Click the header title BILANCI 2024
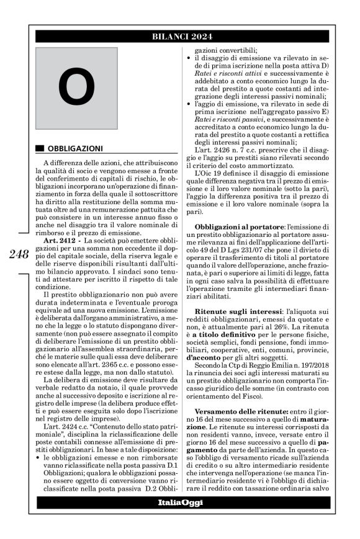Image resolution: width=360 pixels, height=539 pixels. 181,37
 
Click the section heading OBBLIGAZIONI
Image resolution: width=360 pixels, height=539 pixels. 75,149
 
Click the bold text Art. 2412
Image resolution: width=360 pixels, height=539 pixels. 61,240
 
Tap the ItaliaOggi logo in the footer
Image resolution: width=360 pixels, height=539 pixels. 180,502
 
